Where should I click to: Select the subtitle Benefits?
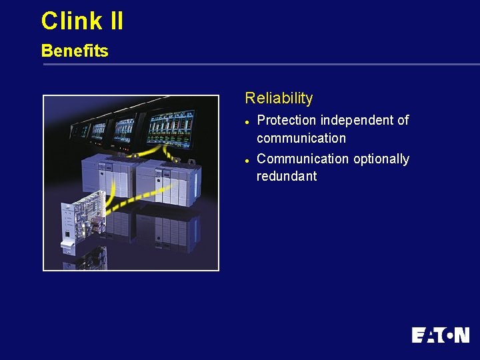click(75, 51)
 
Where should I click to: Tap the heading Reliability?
click(279, 98)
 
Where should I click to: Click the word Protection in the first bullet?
click(287, 121)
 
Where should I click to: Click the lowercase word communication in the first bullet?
click(301, 138)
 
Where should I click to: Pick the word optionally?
click(381, 159)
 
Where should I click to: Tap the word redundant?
click(287, 177)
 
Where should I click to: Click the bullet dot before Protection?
click(247, 122)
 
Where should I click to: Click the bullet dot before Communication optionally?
click(247, 160)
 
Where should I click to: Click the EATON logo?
click(440, 335)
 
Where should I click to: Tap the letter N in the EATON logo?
click(461, 335)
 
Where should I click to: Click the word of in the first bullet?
click(403, 121)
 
